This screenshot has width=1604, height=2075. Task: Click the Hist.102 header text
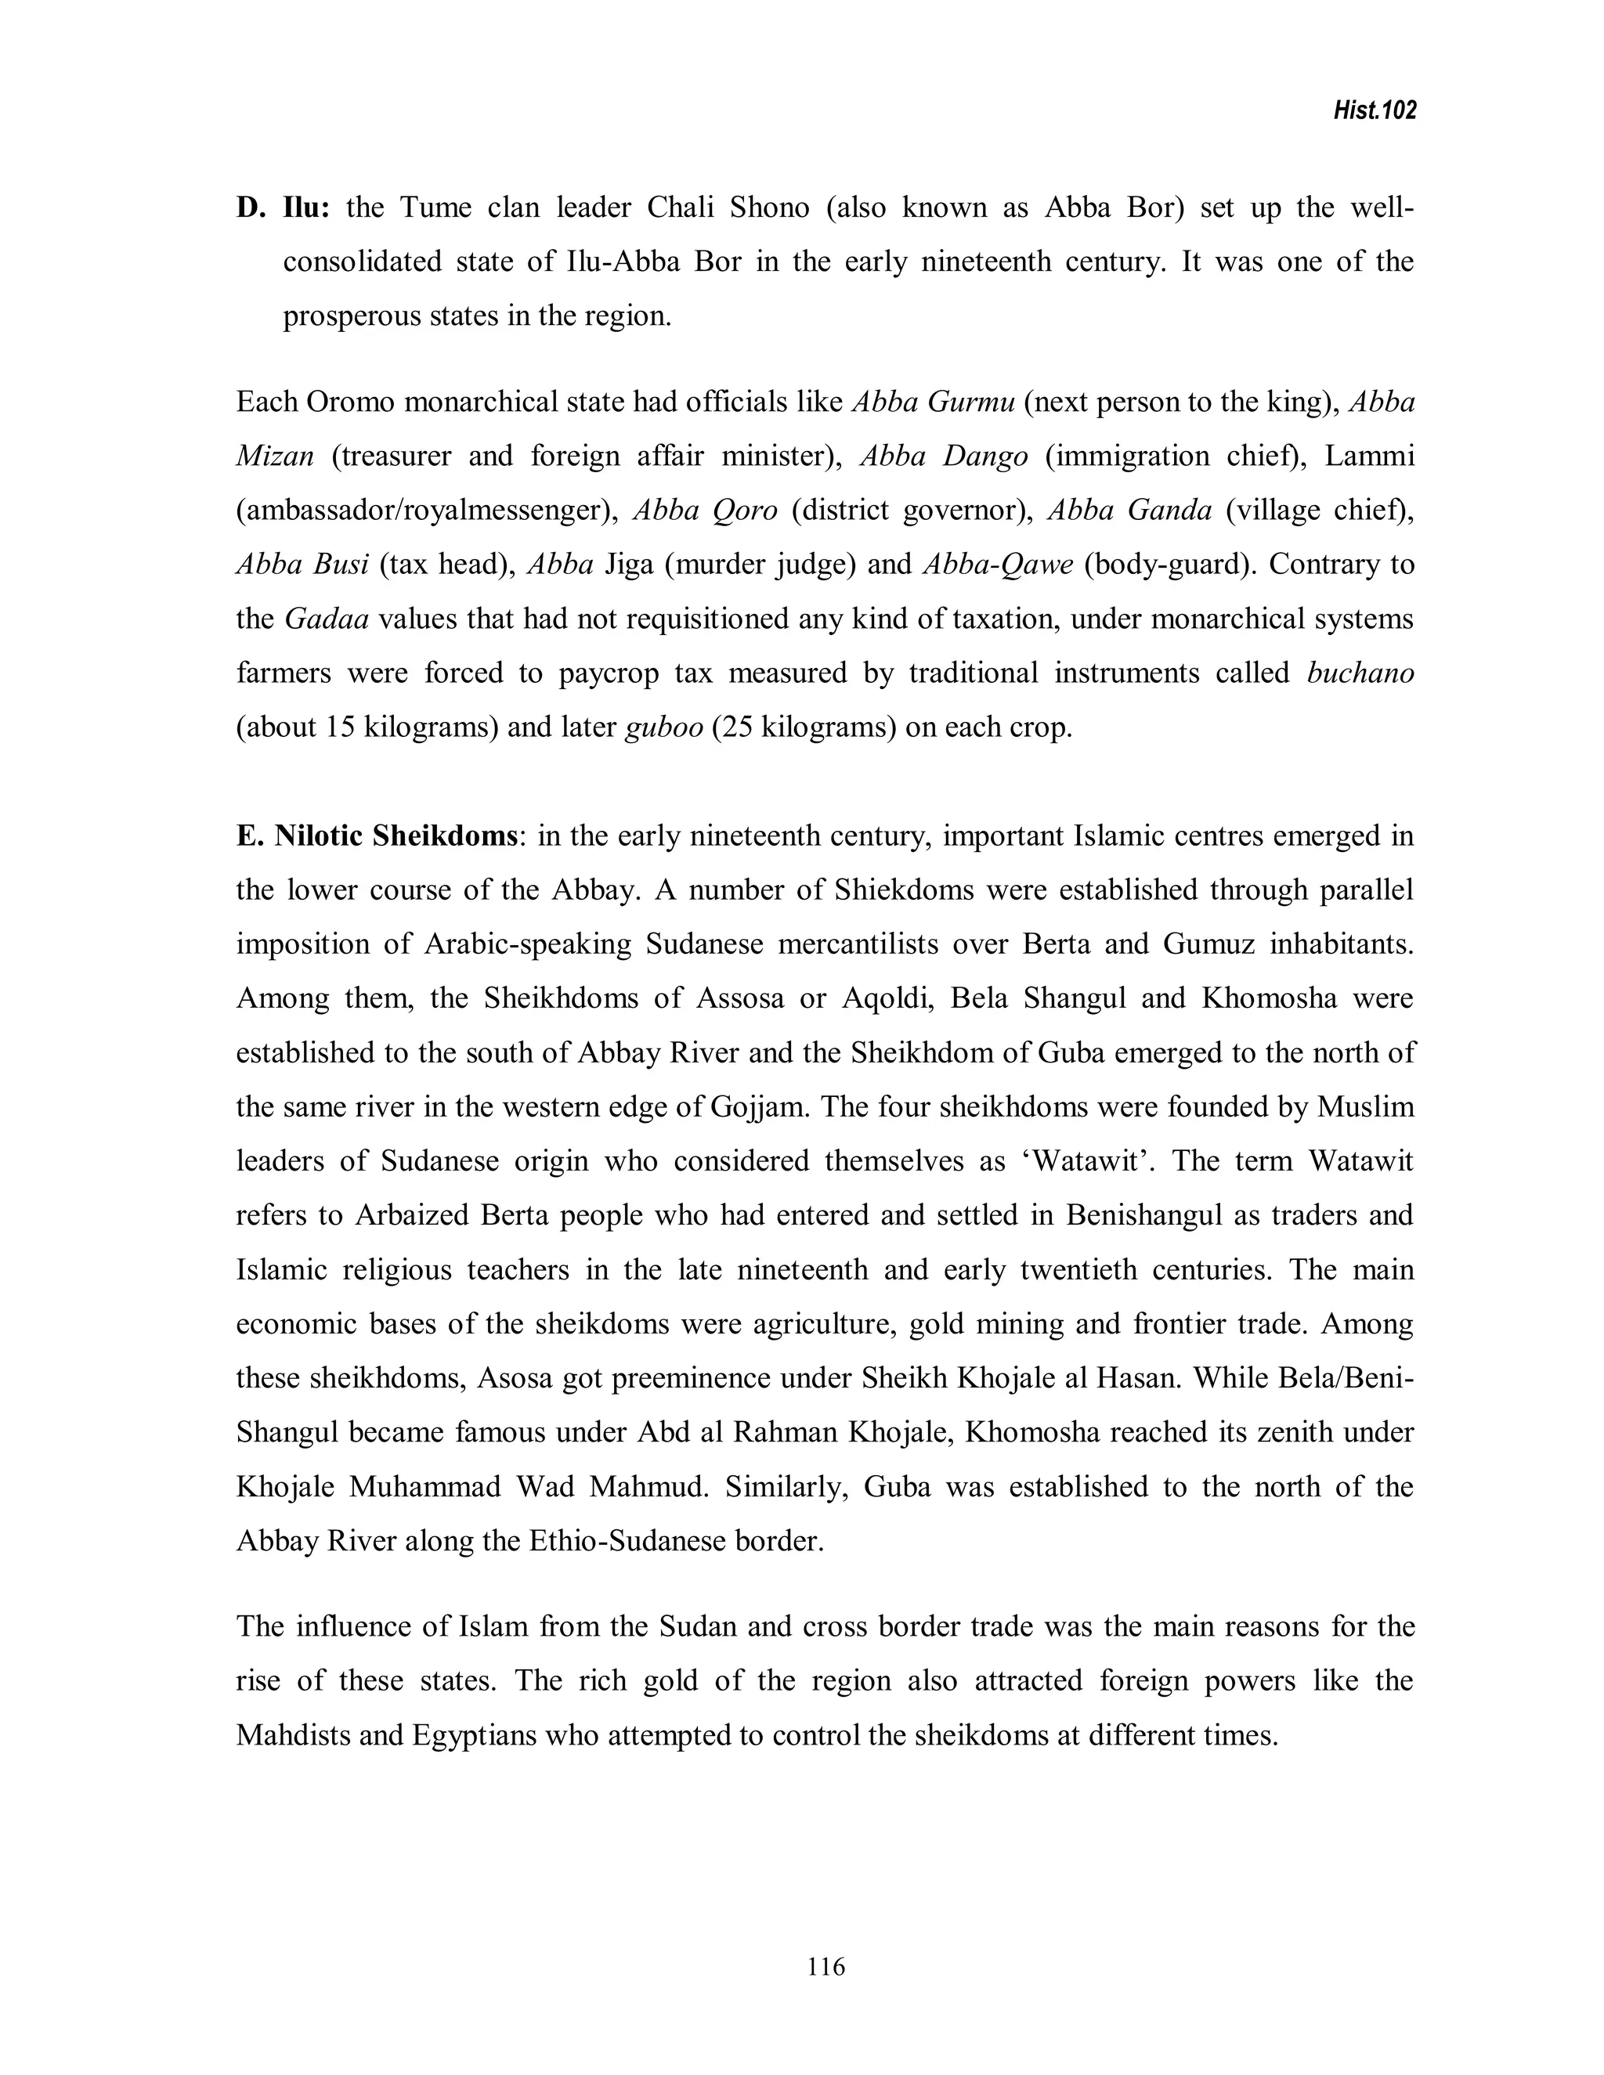[x=1374, y=111]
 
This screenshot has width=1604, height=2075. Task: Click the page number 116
[x=825, y=1967]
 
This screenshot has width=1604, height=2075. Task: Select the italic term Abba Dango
[x=944, y=457]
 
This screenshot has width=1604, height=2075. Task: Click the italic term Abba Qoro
[x=705, y=511]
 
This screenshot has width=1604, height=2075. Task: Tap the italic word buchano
[x=1360, y=673]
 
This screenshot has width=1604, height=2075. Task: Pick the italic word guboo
[x=664, y=727]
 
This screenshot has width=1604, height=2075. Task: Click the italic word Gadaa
[x=326, y=619]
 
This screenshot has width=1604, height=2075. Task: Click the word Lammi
[x=1369, y=457]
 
